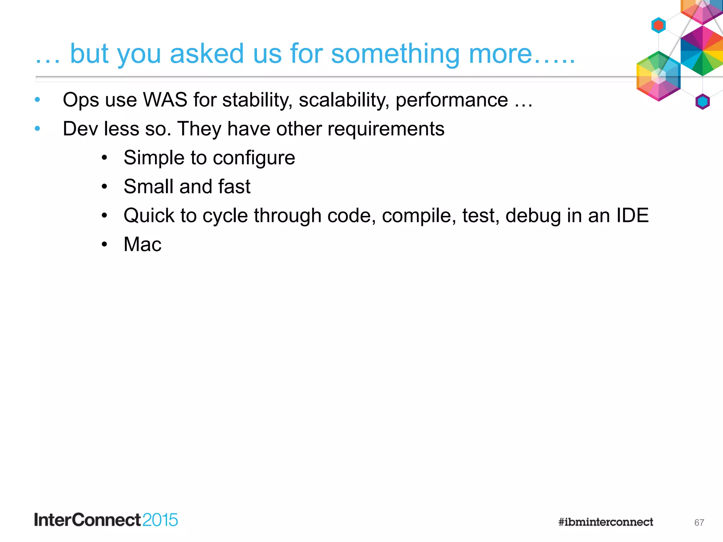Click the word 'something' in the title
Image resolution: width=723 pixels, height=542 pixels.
tap(395, 54)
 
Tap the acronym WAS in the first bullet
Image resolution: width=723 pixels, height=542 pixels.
tap(165, 100)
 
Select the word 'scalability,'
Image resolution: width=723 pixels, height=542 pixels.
tap(344, 100)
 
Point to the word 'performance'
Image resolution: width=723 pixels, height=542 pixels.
tap(452, 100)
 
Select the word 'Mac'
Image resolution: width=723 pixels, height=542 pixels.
tap(142, 244)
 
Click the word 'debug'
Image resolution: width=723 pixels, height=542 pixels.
tap(533, 216)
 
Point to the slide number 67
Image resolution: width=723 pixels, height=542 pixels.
tap(699, 523)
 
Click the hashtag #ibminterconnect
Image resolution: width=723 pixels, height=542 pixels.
tap(605, 522)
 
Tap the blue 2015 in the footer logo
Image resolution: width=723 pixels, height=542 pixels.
tap(160, 520)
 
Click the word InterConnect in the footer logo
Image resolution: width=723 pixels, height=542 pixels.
tap(88, 520)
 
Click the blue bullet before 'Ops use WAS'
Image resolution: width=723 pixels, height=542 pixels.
tap(37, 100)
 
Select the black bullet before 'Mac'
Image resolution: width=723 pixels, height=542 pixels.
tap(104, 244)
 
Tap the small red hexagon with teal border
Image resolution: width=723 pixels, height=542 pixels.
tap(658, 25)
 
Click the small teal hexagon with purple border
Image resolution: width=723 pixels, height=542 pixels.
tap(703, 102)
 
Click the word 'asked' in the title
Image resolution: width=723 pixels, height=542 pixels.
tap(207, 54)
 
